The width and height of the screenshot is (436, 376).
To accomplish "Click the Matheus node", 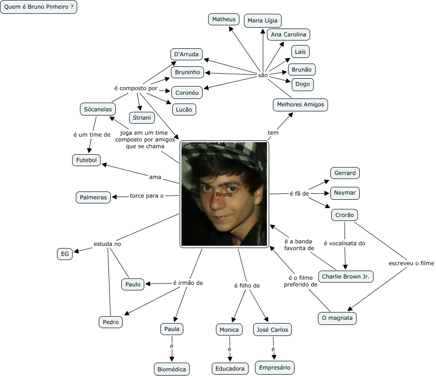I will click(x=224, y=19).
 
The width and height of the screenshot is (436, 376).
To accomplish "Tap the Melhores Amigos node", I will click(x=300, y=104).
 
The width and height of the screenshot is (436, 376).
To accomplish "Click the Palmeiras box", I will click(x=93, y=197).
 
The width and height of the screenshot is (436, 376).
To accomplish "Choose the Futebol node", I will click(x=86, y=160).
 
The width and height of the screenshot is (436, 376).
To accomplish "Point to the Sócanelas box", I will click(x=97, y=109).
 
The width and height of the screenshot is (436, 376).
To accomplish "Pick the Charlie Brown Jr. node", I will click(x=345, y=277).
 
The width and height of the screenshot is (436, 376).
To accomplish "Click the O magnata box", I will click(x=337, y=318).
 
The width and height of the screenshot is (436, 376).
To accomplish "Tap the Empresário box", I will click(x=274, y=368).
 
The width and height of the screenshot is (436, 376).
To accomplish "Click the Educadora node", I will click(x=230, y=369).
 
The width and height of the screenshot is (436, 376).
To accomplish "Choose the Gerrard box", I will click(x=345, y=173).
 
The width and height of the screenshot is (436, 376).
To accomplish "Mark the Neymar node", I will click(x=345, y=193).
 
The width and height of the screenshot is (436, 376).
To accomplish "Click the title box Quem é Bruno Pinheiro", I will click(x=39, y=8).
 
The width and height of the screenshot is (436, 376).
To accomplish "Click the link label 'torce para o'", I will click(x=147, y=196).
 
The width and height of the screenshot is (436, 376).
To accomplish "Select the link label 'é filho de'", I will click(x=247, y=286).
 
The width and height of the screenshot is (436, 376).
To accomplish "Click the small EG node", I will click(x=65, y=254).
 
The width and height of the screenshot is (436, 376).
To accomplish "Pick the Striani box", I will click(x=142, y=118).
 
